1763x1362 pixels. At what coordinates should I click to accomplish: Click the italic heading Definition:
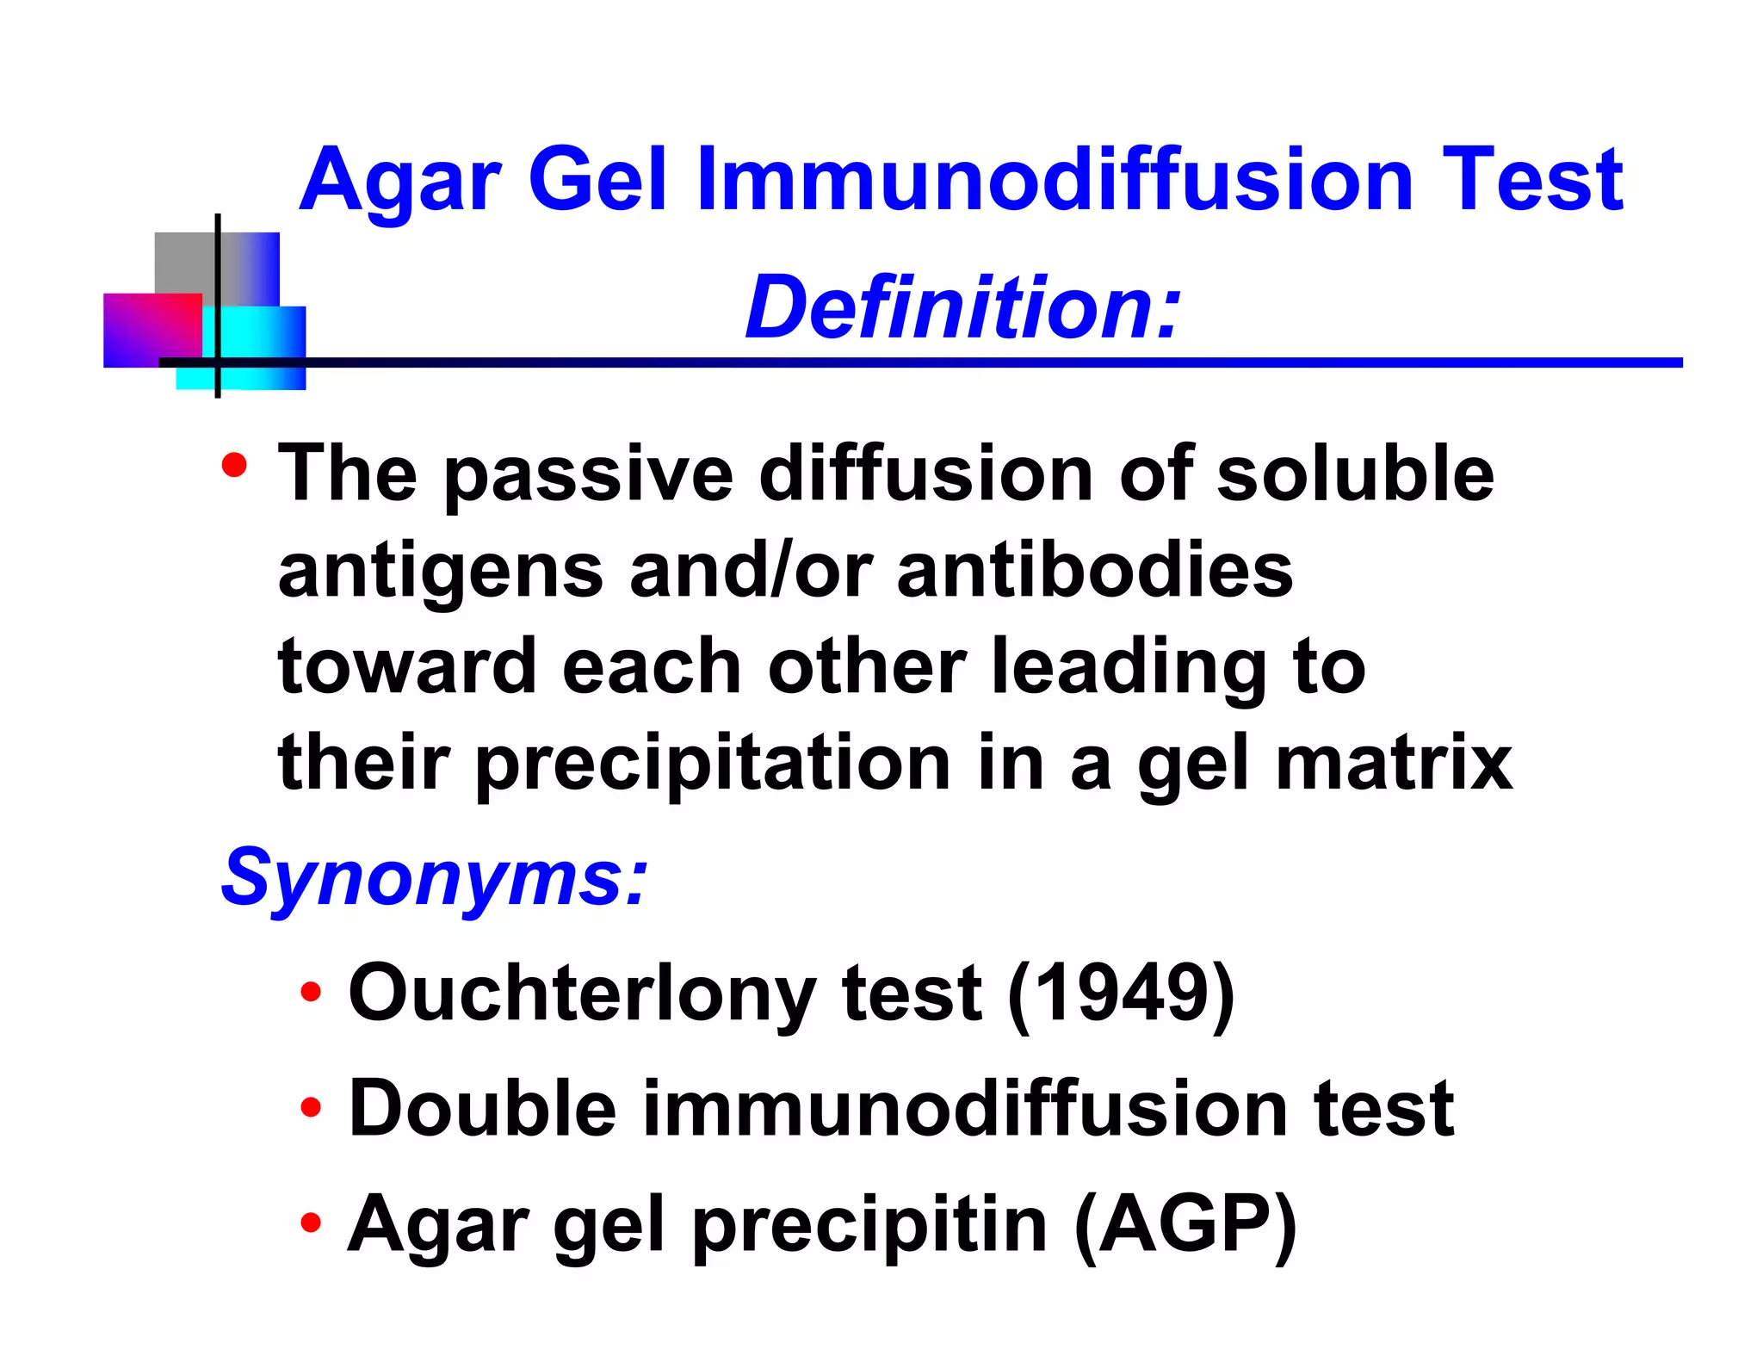pos(962,308)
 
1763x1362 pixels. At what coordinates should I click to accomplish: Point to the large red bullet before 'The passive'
pos(234,466)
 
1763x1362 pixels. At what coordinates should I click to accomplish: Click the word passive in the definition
pos(588,475)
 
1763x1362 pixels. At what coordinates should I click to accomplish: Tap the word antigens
pos(441,573)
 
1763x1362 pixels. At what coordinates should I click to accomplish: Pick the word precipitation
pos(713,765)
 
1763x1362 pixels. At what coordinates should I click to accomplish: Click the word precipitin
pos(869,1227)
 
